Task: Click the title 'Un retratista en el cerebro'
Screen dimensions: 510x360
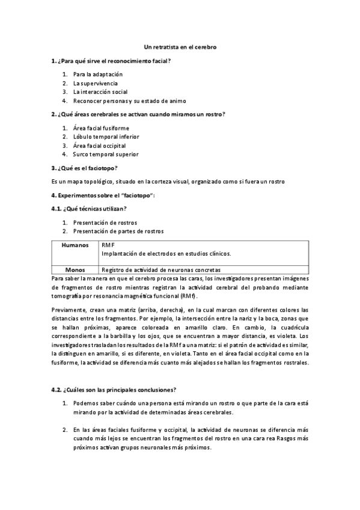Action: click(x=180, y=46)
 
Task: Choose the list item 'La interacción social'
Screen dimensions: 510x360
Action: click(x=100, y=92)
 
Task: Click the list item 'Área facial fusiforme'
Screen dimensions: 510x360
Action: click(x=100, y=128)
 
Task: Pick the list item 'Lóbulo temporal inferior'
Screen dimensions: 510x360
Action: click(x=106, y=137)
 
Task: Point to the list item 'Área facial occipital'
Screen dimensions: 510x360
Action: click(x=99, y=145)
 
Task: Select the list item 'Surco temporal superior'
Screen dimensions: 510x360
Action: click(x=105, y=154)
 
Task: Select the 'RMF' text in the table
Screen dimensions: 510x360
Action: click(x=108, y=245)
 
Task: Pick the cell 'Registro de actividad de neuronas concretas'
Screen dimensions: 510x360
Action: click(x=161, y=270)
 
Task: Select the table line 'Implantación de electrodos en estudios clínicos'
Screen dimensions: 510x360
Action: click(x=166, y=253)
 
